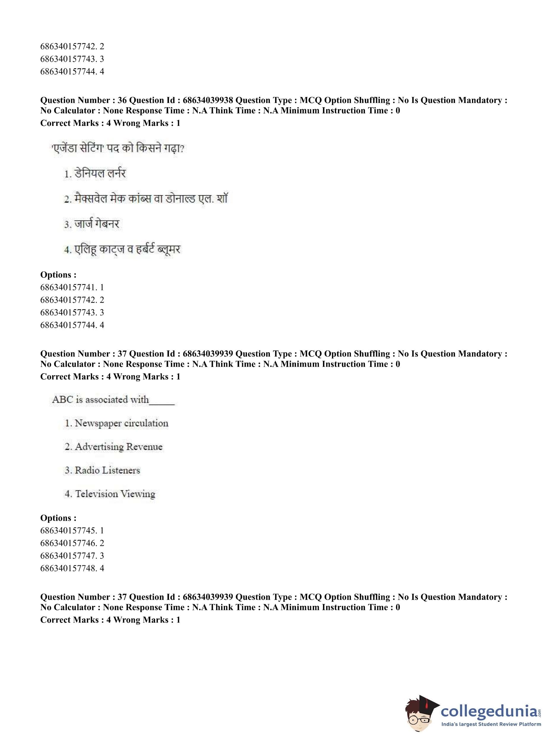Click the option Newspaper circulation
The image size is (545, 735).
116,423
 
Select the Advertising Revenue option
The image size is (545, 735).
113,447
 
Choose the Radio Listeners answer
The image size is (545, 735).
102,470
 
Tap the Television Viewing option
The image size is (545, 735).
110,494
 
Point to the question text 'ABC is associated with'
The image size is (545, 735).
101,400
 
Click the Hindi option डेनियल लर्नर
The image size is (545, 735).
95,174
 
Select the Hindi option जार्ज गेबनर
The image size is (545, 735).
91,224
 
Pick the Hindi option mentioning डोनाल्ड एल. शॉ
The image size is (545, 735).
145,199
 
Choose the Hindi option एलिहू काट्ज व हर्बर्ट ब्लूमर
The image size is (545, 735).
122,249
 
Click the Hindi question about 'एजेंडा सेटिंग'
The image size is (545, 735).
118,148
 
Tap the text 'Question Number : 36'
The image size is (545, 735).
83,100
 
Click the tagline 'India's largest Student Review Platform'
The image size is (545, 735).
491,727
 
